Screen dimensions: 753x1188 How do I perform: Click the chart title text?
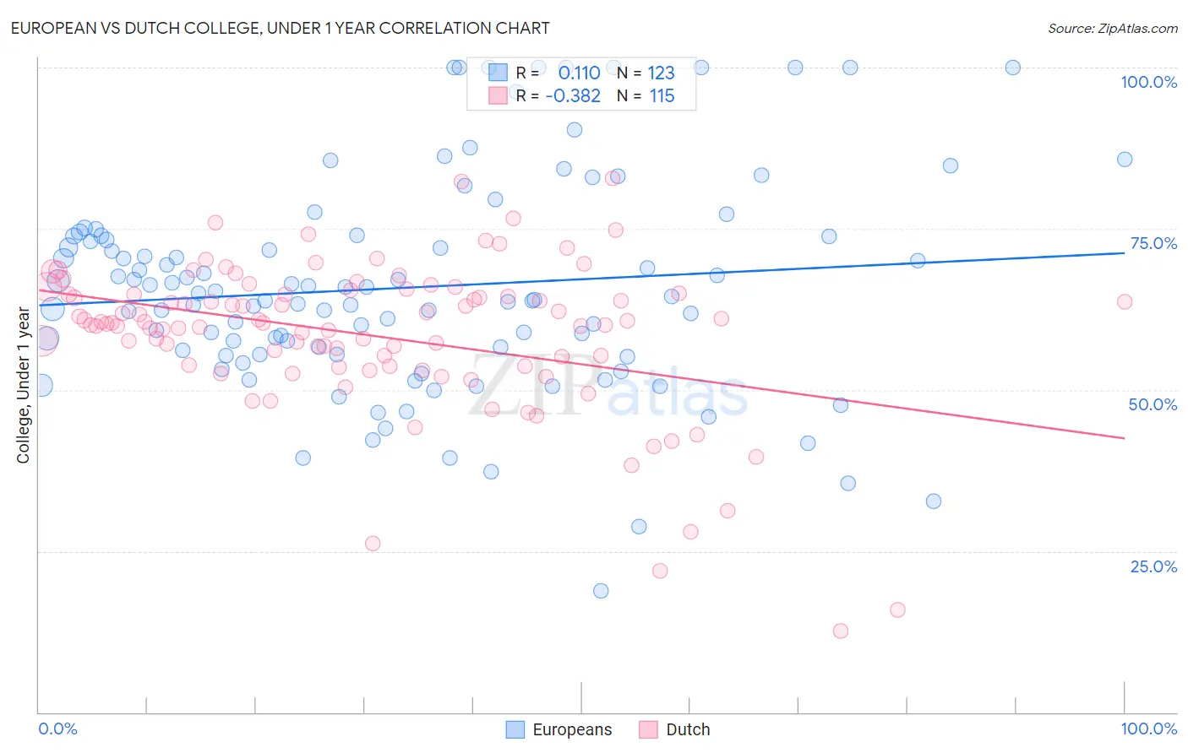279,28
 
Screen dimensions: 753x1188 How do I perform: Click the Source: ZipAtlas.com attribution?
1112,29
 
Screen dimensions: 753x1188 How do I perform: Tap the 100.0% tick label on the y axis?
1148,82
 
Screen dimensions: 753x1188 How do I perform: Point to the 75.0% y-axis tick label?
1153,243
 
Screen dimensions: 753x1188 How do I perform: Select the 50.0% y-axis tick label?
1153,404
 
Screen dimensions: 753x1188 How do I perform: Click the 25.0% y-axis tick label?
1153,566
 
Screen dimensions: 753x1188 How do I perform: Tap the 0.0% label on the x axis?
57,729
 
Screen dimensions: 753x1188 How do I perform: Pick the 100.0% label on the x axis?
1148,729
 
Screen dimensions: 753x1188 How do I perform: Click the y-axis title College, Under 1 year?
24,385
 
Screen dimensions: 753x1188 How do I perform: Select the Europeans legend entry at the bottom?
559,729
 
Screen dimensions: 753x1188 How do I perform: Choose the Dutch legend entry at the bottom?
674,729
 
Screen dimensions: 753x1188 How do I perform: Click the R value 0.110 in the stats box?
579,73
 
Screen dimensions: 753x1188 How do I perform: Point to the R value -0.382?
573,96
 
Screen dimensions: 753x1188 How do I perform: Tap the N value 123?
661,73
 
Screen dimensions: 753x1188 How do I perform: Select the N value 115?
662,96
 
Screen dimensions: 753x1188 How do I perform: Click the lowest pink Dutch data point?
840,631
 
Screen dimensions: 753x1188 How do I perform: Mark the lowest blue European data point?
601,591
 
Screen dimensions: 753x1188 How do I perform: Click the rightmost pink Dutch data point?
1124,301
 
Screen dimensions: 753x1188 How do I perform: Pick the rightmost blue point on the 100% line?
1012,68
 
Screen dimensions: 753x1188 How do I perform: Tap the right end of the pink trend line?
1124,437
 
